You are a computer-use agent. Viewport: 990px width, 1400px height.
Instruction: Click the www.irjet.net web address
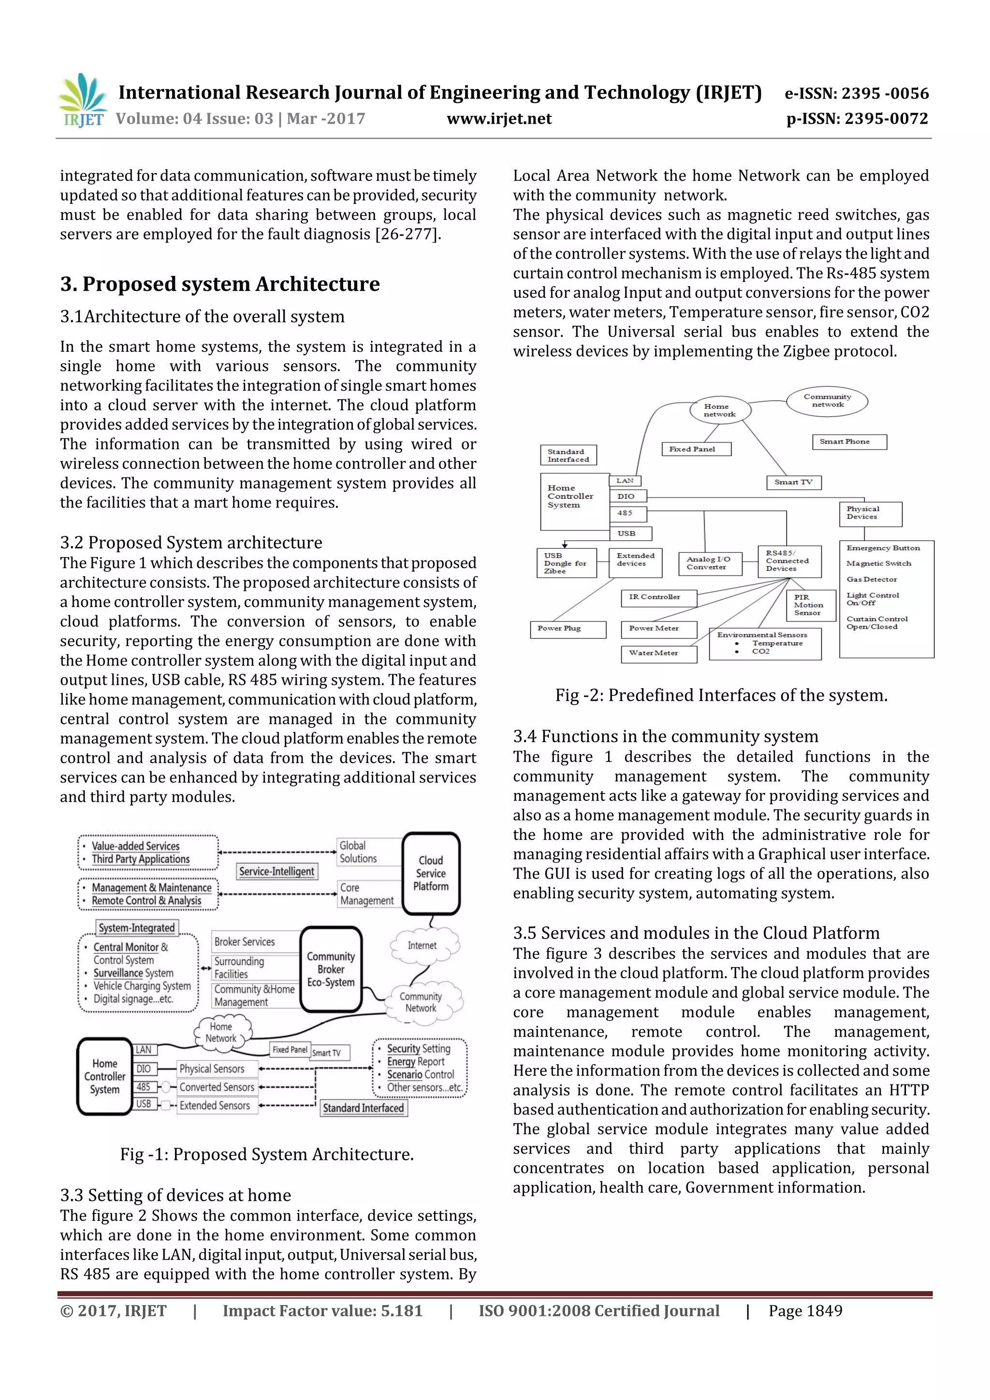[x=499, y=119]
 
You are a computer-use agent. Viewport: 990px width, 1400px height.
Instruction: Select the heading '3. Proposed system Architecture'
[x=219, y=284]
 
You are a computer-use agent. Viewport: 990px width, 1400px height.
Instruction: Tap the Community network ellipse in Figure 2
[x=827, y=401]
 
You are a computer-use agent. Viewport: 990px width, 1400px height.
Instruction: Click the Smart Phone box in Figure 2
[x=848, y=442]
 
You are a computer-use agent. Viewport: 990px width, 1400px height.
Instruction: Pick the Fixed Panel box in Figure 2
[x=696, y=449]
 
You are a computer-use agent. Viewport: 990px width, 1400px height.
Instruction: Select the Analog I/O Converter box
[x=710, y=563]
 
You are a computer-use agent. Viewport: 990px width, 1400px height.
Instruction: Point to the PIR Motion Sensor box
[x=810, y=605]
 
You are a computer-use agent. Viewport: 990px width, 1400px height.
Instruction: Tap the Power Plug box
[x=568, y=629]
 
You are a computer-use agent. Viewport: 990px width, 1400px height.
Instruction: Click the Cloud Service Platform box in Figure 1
[x=431, y=873]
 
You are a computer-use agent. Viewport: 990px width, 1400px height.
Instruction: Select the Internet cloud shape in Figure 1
[x=422, y=946]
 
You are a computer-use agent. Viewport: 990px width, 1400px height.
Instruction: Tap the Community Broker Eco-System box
[x=331, y=969]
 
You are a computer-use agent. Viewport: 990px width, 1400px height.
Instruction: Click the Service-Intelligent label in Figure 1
[x=277, y=871]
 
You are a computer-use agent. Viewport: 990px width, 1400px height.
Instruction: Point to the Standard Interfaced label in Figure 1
[x=364, y=1108]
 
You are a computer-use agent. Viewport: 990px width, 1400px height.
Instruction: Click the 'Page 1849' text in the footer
[x=805, y=1311]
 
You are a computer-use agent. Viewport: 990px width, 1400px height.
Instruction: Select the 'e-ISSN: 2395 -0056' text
[x=856, y=93]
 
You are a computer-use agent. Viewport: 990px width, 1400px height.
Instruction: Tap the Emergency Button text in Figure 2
[x=883, y=548]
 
